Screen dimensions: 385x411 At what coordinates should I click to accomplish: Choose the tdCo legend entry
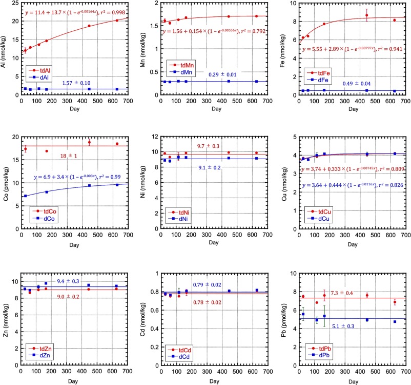[x=46, y=211]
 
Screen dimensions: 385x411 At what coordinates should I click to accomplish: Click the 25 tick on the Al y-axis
[x=15, y=3]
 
